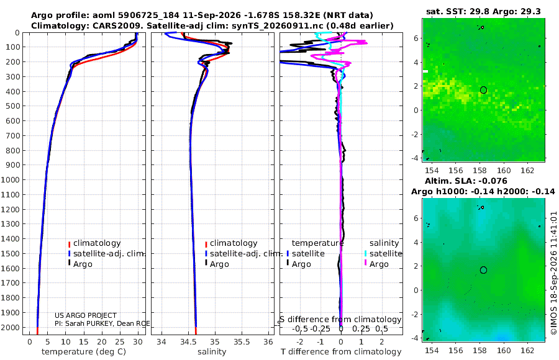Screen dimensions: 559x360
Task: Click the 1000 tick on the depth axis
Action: (x=10, y=179)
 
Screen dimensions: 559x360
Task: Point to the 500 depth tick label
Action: (x=12, y=106)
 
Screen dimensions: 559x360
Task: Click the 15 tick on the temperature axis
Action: (x=83, y=342)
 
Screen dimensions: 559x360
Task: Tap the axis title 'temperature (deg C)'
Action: (x=84, y=352)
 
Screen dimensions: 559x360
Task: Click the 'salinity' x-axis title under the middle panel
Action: (x=212, y=352)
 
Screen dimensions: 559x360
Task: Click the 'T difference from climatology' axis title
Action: (x=341, y=352)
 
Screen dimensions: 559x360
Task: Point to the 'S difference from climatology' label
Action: (x=340, y=320)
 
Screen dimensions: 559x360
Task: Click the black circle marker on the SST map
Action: (x=483, y=90)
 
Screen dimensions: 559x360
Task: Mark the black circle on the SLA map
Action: (x=483, y=270)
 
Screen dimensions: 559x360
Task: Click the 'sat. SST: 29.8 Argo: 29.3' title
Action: (x=483, y=12)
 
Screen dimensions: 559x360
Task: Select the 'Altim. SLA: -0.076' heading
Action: (x=466, y=181)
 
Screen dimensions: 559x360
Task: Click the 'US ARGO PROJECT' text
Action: (x=86, y=315)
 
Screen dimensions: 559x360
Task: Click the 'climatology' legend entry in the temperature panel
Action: (x=94, y=243)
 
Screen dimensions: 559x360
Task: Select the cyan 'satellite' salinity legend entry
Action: (x=383, y=254)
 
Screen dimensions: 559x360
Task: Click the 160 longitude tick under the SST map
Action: (x=504, y=170)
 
